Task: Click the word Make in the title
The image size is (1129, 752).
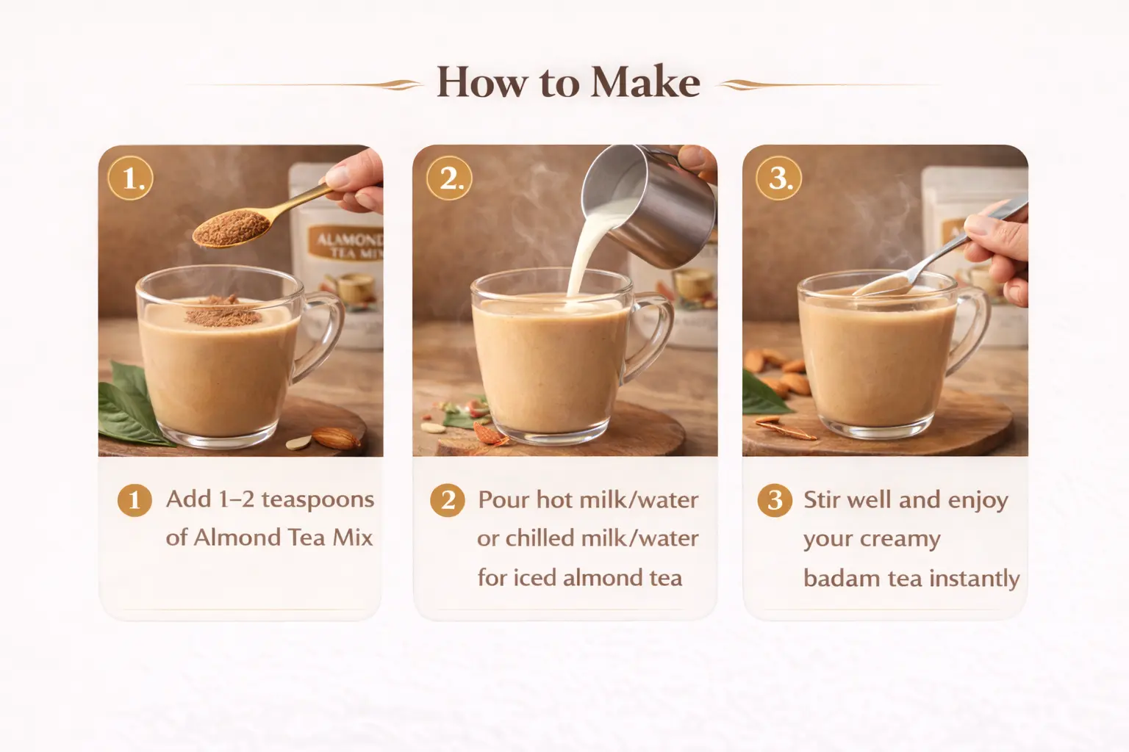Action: coord(645,82)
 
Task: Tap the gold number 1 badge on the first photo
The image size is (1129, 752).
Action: coord(131,178)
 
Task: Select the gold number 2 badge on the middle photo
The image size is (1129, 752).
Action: coord(449,178)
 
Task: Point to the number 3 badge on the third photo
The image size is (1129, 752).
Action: coord(778,178)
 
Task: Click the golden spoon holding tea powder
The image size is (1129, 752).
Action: coord(262,217)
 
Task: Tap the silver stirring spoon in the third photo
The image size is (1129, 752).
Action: coord(937,252)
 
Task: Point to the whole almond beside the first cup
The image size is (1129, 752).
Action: coord(336,437)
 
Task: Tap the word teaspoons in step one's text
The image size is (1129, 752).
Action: coord(318,500)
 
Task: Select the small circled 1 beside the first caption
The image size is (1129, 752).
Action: coord(135,500)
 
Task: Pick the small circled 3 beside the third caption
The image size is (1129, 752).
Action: coord(775,500)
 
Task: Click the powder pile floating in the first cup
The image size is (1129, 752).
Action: coord(223,311)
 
